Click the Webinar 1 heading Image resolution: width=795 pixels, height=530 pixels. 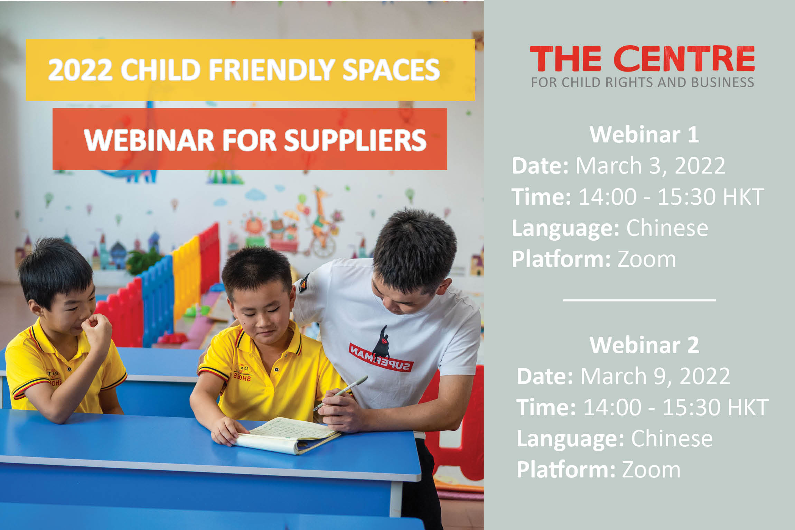click(x=644, y=134)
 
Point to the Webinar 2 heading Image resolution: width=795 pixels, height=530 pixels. click(x=644, y=345)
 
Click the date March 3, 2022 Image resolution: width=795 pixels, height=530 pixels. click(x=650, y=166)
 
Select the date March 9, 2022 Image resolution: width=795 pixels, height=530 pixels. click(x=655, y=376)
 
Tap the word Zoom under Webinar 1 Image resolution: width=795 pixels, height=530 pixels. click(x=646, y=259)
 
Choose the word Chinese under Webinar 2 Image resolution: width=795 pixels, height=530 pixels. click(x=672, y=438)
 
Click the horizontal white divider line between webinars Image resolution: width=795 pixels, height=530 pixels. click(x=639, y=300)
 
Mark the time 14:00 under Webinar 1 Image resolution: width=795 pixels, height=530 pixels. click(x=607, y=197)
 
